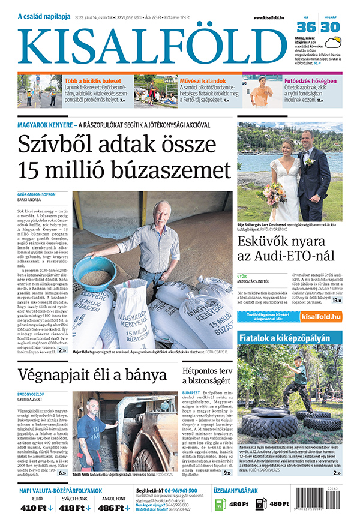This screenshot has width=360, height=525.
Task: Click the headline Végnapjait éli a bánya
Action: pyautogui.click(x=92, y=375)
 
